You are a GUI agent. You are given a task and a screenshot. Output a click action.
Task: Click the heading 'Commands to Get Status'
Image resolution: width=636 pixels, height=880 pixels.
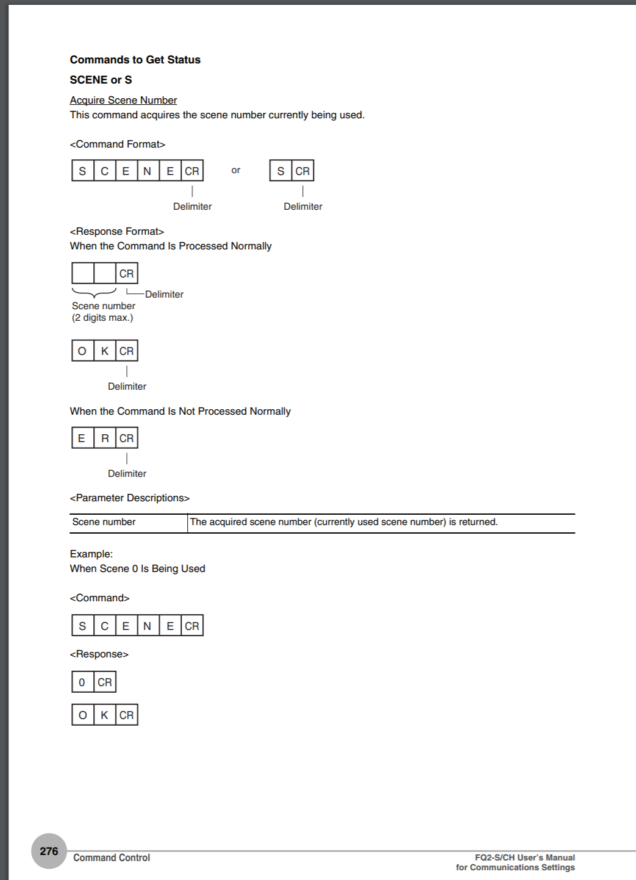click(x=135, y=60)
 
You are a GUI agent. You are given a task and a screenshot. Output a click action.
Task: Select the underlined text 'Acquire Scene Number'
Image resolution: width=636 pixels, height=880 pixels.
click(x=123, y=100)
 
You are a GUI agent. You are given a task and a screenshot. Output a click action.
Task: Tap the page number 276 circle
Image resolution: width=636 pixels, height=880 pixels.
click(x=49, y=851)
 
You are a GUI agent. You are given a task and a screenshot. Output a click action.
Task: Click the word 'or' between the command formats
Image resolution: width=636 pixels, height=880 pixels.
click(x=236, y=170)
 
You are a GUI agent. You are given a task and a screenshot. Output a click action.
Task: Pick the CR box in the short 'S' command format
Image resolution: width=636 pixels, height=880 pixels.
click(x=302, y=171)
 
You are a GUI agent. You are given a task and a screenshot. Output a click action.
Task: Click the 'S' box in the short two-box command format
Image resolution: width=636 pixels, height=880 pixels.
click(x=280, y=171)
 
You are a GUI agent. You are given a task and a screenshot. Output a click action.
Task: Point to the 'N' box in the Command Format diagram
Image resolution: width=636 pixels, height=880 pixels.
click(x=148, y=171)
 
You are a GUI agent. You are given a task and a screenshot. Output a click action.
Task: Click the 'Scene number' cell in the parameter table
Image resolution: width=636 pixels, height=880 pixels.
click(x=104, y=522)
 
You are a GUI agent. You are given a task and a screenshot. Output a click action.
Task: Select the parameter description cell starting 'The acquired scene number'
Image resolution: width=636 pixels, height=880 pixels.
click(x=344, y=522)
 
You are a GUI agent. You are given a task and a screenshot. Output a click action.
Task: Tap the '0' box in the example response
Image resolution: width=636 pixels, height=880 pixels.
click(x=82, y=682)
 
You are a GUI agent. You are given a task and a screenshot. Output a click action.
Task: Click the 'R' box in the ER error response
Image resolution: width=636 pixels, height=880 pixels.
click(x=105, y=438)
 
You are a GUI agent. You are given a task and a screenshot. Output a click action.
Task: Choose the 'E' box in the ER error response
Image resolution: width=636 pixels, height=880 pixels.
click(x=82, y=438)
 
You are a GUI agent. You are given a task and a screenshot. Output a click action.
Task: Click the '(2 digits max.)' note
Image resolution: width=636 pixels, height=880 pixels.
click(x=102, y=318)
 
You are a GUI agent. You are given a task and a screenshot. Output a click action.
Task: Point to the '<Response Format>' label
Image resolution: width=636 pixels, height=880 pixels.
click(x=117, y=231)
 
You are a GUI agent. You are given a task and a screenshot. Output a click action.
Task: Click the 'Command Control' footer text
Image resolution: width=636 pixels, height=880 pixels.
click(x=112, y=857)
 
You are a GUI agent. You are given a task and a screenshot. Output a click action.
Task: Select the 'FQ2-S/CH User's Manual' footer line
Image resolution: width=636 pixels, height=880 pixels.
click(x=524, y=857)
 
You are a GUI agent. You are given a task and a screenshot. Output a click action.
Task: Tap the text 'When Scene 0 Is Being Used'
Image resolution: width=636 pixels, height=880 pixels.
click(x=138, y=568)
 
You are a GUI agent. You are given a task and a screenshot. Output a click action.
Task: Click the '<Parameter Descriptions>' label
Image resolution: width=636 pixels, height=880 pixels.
click(x=130, y=498)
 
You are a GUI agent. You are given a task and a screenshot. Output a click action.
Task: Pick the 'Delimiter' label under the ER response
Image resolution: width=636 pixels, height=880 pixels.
click(x=127, y=473)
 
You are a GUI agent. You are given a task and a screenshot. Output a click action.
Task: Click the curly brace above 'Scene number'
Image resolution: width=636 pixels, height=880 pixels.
click(x=94, y=293)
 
